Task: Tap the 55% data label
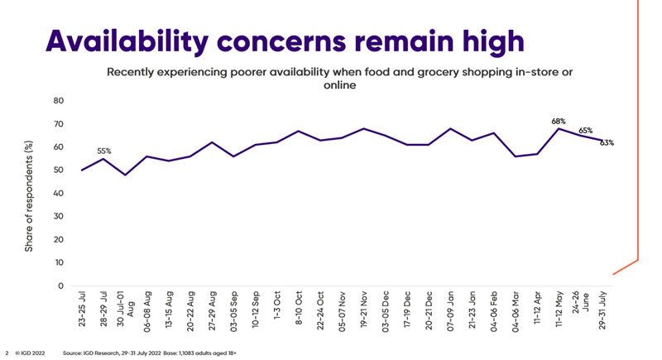(x=103, y=151)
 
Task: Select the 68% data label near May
(x=559, y=122)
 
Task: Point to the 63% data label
(x=607, y=143)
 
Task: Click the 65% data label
(x=585, y=130)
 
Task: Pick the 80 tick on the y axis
(x=59, y=101)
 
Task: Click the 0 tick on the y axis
(x=60, y=286)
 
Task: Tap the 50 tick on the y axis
(x=59, y=170)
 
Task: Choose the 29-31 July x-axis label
(x=602, y=310)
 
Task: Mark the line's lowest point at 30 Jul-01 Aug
(x=125, y=175)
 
